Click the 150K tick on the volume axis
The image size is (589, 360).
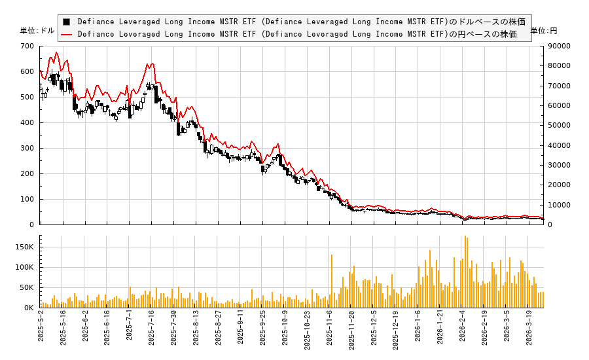[x=25, y=247]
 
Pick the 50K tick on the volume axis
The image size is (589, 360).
[x=27, y=287]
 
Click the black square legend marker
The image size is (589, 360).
[x=66, y=22]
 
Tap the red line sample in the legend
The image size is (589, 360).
[x=66, y=34]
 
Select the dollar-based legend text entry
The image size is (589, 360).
[x=301, y=22]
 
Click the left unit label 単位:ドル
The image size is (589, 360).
[x=37, y=31]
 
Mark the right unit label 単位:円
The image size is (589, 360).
[x=543, y=31]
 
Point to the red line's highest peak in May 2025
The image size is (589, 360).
[x=56, y=52]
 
